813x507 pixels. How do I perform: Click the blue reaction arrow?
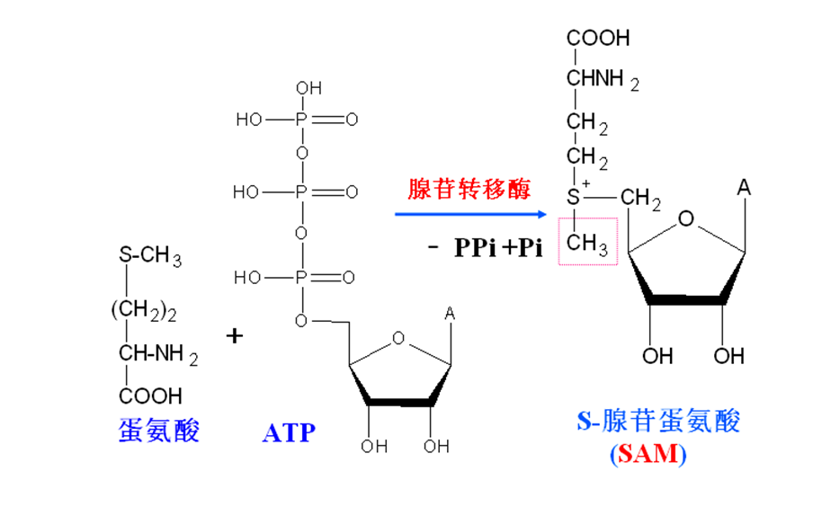point(471,214)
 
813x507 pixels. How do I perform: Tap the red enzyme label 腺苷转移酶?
point(469,189)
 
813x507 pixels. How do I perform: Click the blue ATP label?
point(289,432)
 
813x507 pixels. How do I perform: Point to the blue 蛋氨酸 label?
point(159,431)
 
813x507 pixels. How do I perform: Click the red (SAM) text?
point(648,453)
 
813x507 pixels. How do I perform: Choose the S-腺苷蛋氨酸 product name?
point(659,421)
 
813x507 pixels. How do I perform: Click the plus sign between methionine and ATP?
point(235,336)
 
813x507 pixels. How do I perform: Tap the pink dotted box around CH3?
point(588,241)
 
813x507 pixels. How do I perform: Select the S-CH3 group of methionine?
point(149,257)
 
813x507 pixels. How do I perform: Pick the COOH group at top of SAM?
point(598,38)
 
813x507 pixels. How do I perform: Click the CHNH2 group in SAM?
point(602,80)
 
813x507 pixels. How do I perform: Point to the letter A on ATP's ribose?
point(450,314)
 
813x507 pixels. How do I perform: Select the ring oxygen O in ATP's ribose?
point(399,338)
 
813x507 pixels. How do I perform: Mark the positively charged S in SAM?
point(576,195)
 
